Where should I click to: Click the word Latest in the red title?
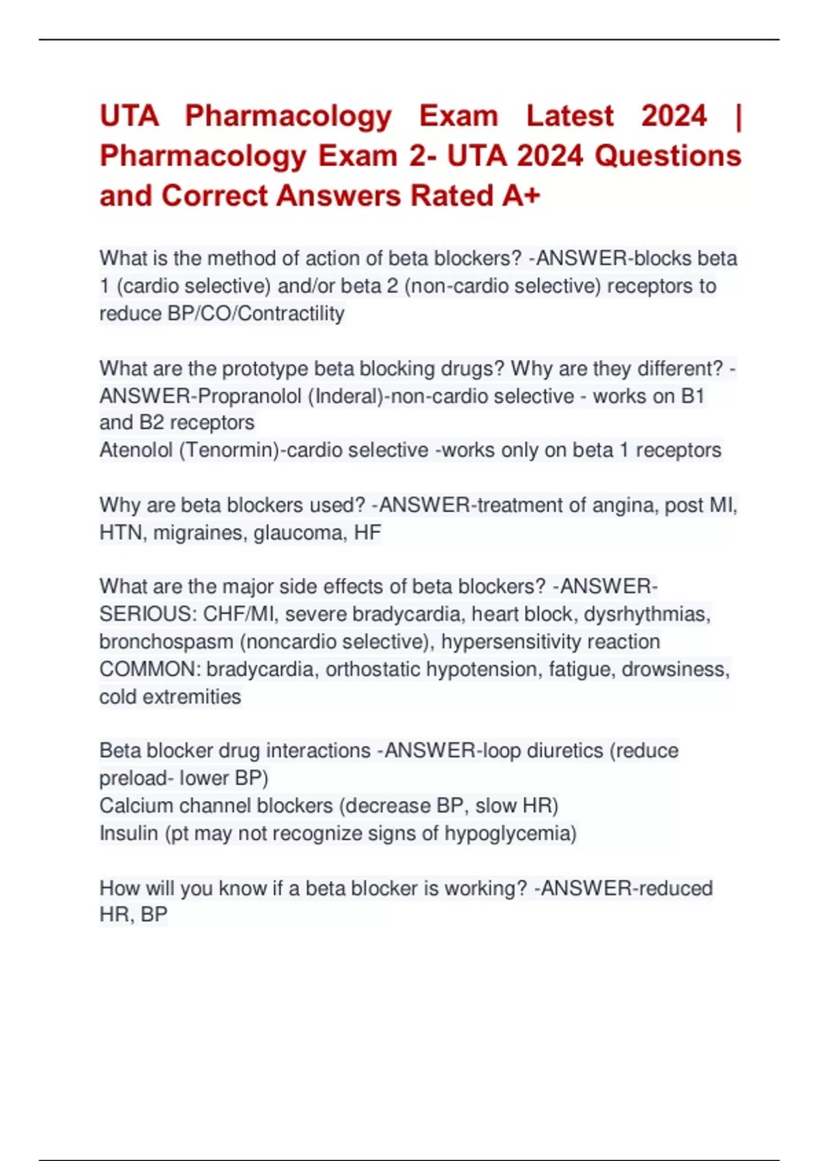pos(570,116)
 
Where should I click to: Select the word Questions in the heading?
pos(667,156)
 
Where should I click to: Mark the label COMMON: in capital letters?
pos(150,669)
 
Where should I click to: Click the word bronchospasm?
pos(166,642)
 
